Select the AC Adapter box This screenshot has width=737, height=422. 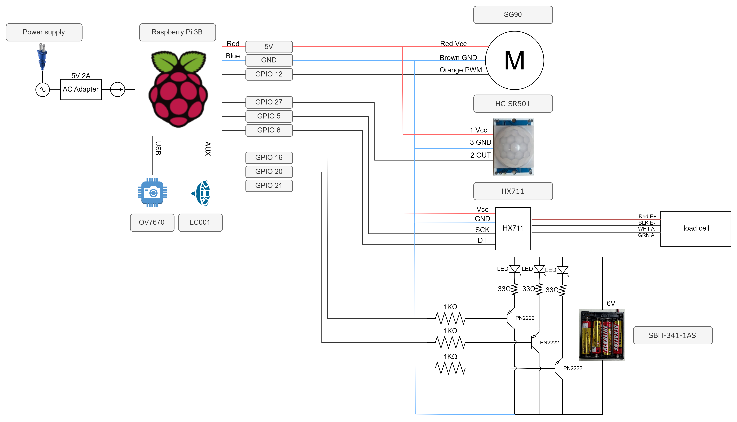[x=81, y=89]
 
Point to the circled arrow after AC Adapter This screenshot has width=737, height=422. [x=117, y=89]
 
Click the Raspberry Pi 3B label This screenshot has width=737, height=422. [x=177, y=32]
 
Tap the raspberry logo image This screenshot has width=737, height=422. [x=177, y=89]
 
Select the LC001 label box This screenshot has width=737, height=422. [x=200, y=222]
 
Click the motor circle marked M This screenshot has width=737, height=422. [x=514, y=60]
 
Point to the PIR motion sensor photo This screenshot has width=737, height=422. [x=513, y=147]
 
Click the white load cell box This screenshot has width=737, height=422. [x=696, y=228]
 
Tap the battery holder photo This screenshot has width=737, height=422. [x=602, y=335]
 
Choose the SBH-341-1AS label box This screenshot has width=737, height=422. [x=673, y=335]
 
